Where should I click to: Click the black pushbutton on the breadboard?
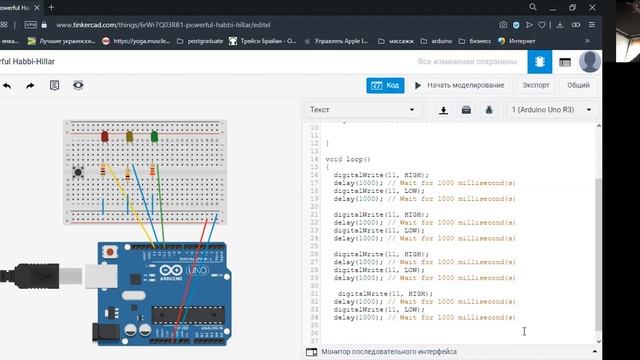tap(78, 177)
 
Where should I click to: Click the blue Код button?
tap(385, 85)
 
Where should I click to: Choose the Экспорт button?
tap(536, 85)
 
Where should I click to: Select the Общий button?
tap(578, 85)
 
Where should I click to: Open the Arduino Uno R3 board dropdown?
tap(551, 109)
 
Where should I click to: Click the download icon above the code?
tap(444, 109)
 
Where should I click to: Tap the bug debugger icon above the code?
tap(489, 109)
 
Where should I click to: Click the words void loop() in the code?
tap(348, 160)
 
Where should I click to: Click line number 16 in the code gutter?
tap(315, 174)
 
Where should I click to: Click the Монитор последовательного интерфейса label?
tap(389, 352)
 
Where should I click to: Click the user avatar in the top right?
tap(590, 62)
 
